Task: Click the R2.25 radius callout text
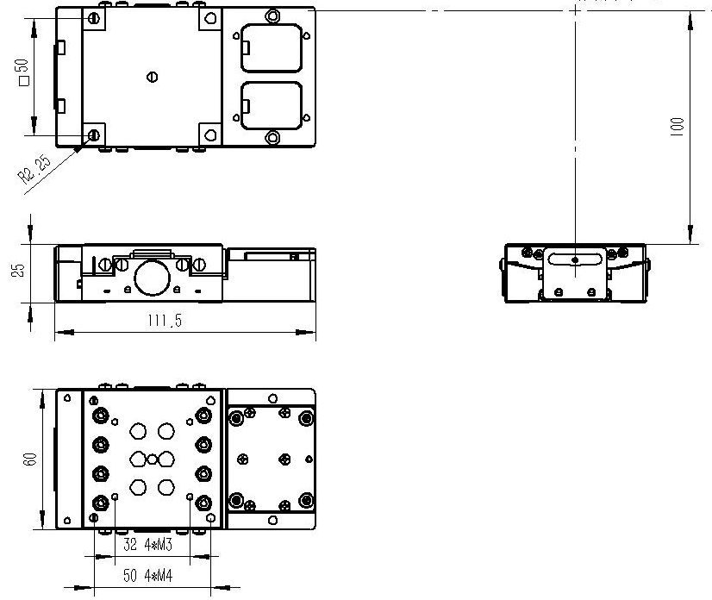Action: point(34,168)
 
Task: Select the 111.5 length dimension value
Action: point(165,321)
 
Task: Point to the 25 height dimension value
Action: point(18,270)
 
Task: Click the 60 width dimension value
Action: point(29,459)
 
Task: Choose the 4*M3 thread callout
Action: point(158,544)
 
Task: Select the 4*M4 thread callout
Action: point(159,576)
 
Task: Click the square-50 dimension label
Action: point(22,72)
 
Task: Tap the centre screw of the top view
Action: point(153,78)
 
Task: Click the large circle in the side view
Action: point(152,278)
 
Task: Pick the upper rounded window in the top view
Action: point(272,47)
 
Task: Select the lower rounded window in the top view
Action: point(272,106)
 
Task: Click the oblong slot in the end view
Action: point(575,259)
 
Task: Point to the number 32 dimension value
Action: point(130,544)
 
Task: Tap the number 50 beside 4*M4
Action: point(130,576)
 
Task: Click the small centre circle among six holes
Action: point(152,459)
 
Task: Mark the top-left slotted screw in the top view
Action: point(94,19)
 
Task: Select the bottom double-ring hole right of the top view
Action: point(272,137)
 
